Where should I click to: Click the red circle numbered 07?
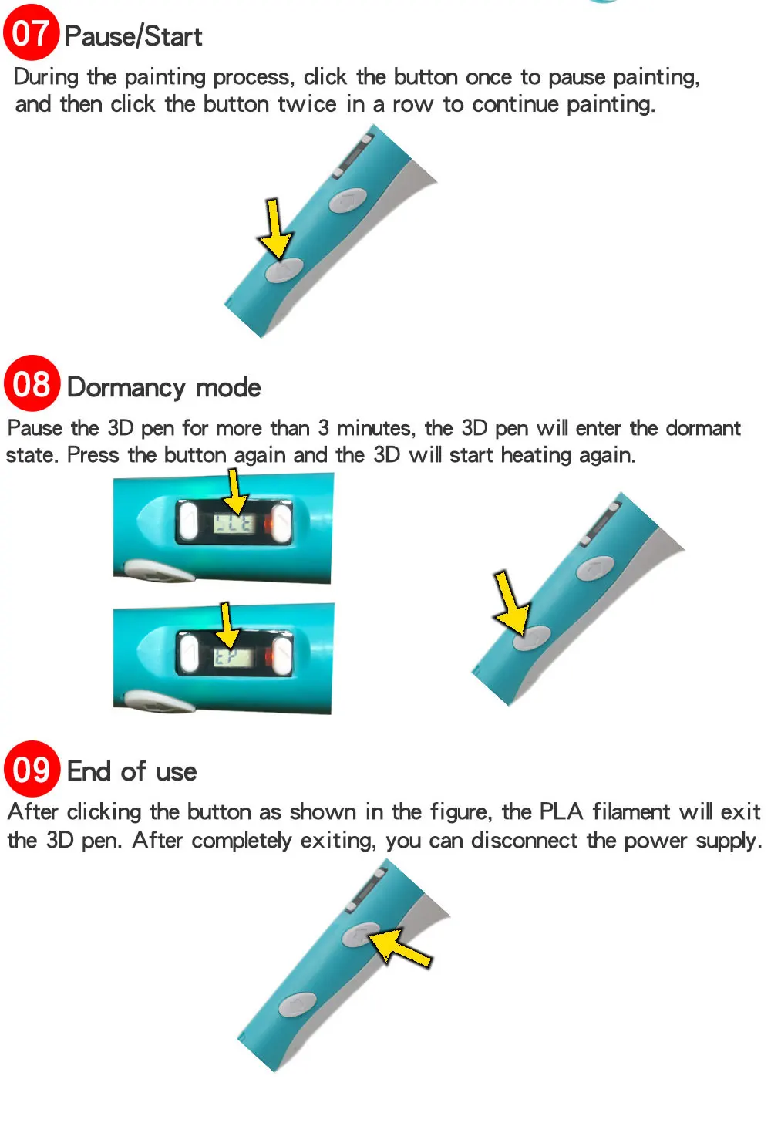pyautogui.click(x=31, y=32)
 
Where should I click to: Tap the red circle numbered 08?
pyautogui.click(x=32, y=383)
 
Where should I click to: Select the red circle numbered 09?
pyautogui.click(x=32, y=768)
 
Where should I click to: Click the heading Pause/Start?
pyautogui.click(x=133, y=36)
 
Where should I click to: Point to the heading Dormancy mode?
pyautogui.click(x=163, y=387)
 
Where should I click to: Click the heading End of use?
pyautogui.click(x=132, y=771)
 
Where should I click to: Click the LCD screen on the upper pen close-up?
pyautogui.click(x=233, y=524)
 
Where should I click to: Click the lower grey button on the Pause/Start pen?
pyautogui.click(x=284, y=270)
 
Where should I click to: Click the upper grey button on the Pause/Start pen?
pyautogui.click(x=348, y=201)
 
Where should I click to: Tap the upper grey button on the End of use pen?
pyautogui.click(x=360, y=935)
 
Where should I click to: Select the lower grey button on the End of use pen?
pyautogui.click(x=297, y=1003)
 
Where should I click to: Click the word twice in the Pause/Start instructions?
pyautogui.click(x=307, y=104)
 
